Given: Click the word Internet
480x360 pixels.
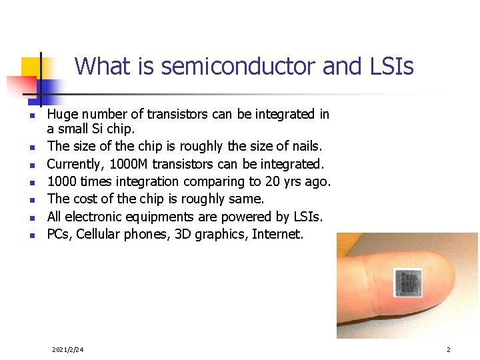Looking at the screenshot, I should point(277,234).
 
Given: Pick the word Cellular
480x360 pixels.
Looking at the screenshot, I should point(99,234).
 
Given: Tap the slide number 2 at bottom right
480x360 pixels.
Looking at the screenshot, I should point(449,349).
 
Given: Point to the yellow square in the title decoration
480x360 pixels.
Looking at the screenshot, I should point(31,67).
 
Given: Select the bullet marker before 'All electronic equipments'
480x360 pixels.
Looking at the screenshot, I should point(31,217).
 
